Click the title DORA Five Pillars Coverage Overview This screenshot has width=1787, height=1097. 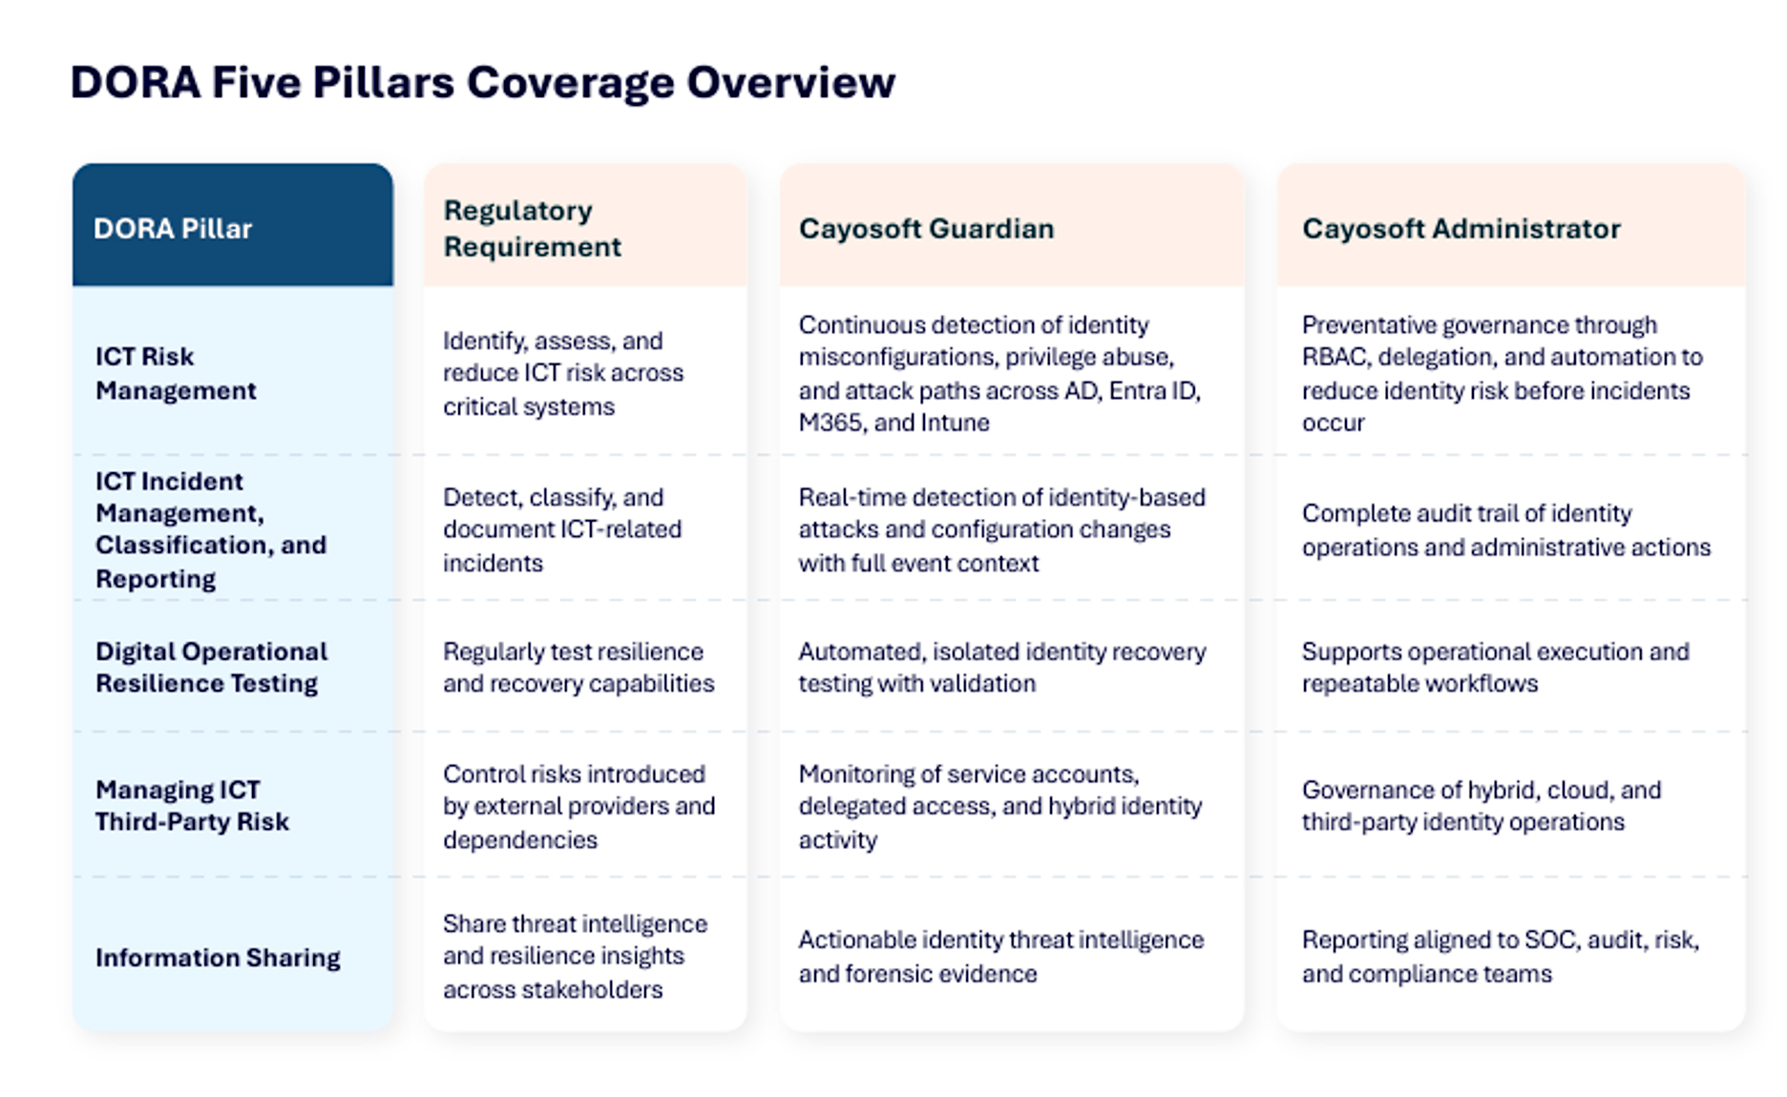coord(483,82)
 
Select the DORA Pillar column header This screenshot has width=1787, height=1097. coord(173,229)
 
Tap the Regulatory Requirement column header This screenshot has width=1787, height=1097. coord(532,228)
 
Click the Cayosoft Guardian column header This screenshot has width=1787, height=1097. coord(926,229)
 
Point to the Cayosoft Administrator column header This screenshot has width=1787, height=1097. coord(1461,229)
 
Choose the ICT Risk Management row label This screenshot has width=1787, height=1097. coord(176,373)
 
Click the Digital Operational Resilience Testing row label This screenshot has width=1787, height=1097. coord(211,667)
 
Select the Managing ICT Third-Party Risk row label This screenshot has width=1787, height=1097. coord(192,805)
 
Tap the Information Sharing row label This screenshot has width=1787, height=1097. coord(218,957)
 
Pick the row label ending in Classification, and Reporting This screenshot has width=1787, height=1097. coord(211,529)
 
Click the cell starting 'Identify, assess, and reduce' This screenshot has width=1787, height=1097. coord(563,373)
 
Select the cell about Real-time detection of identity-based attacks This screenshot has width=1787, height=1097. coord(1002,529)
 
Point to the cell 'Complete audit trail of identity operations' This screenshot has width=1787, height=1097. coord(1506,529)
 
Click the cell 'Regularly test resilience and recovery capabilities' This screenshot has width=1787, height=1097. coord(578,667)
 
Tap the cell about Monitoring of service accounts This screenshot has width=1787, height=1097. coord(1000,806)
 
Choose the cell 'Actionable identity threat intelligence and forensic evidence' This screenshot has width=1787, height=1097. coord(1001,956)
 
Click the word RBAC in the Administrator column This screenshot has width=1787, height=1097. coord(1334,357)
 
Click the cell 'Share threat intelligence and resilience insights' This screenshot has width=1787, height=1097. coord(576,956)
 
